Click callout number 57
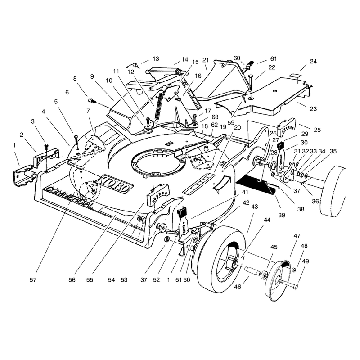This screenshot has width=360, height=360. click(33, 280)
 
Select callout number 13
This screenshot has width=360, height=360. click(156, 59)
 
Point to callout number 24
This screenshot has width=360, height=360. click(313, 62)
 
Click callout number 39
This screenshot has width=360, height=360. click(282, 215)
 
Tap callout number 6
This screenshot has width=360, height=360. click(67, 92)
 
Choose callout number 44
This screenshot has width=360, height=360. click(267, 220)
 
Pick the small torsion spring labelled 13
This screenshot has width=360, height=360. click(132, 66)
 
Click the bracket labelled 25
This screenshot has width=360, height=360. click(286, 127)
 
